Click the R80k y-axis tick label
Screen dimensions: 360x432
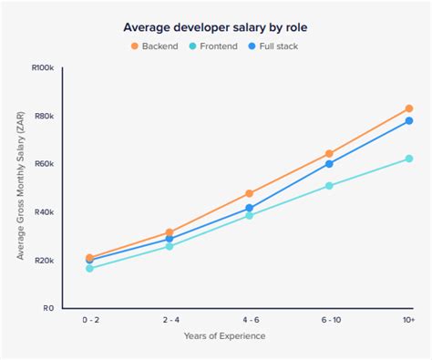[44, 116]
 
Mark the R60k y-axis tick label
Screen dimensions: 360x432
[44, 164]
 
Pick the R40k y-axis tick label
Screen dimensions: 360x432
[44, 212]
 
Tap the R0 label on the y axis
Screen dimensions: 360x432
[49, 308]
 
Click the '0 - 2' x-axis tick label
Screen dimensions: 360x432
[90, 321]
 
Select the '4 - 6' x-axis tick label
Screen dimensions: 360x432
[249, 321]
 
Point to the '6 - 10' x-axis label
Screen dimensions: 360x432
[329, 321]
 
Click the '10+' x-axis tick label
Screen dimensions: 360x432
[407, 321]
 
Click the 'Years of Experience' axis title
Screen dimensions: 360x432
[224, 336]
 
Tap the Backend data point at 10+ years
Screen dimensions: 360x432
[408, 108]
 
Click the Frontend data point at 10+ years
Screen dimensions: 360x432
[408, 159]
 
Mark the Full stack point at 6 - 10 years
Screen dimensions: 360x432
[329, 164]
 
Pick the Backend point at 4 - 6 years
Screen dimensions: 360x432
[249, 193]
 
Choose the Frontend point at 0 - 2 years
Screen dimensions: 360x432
[89, 268]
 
